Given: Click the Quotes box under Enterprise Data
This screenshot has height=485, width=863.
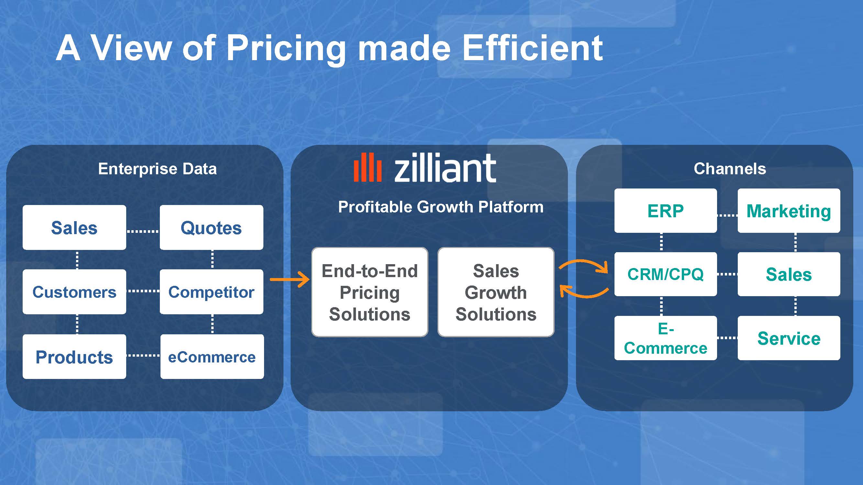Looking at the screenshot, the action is point(211,227).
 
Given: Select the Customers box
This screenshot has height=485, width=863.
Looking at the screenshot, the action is point(74,292).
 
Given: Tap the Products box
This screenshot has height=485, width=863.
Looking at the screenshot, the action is point(74,356).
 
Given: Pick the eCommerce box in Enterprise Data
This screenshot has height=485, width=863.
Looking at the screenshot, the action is point(212,356).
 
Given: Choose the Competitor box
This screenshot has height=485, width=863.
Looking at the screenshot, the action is point(211,292).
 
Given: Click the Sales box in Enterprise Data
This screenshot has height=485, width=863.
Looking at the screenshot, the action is point(74,227).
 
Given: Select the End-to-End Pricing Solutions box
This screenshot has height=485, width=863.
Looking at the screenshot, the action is point(370,292).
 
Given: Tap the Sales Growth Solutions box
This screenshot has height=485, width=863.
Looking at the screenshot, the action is point(496,292).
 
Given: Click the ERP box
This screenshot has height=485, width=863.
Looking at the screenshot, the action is point(666,210).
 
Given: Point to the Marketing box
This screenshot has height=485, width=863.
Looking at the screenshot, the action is point(789,210).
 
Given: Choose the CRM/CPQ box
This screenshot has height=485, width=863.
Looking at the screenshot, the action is point(666,274).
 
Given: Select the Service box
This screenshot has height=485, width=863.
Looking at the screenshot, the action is point(789,338).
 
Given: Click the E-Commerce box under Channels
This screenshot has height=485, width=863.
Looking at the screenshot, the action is point(666,338).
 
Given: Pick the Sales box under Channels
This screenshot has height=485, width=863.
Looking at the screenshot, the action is point(789,274).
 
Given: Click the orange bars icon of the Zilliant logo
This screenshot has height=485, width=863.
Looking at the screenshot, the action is point(368,167).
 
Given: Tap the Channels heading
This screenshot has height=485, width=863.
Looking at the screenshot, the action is point(730,169).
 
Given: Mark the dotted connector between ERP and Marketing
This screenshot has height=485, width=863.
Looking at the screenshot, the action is point(727,215).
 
